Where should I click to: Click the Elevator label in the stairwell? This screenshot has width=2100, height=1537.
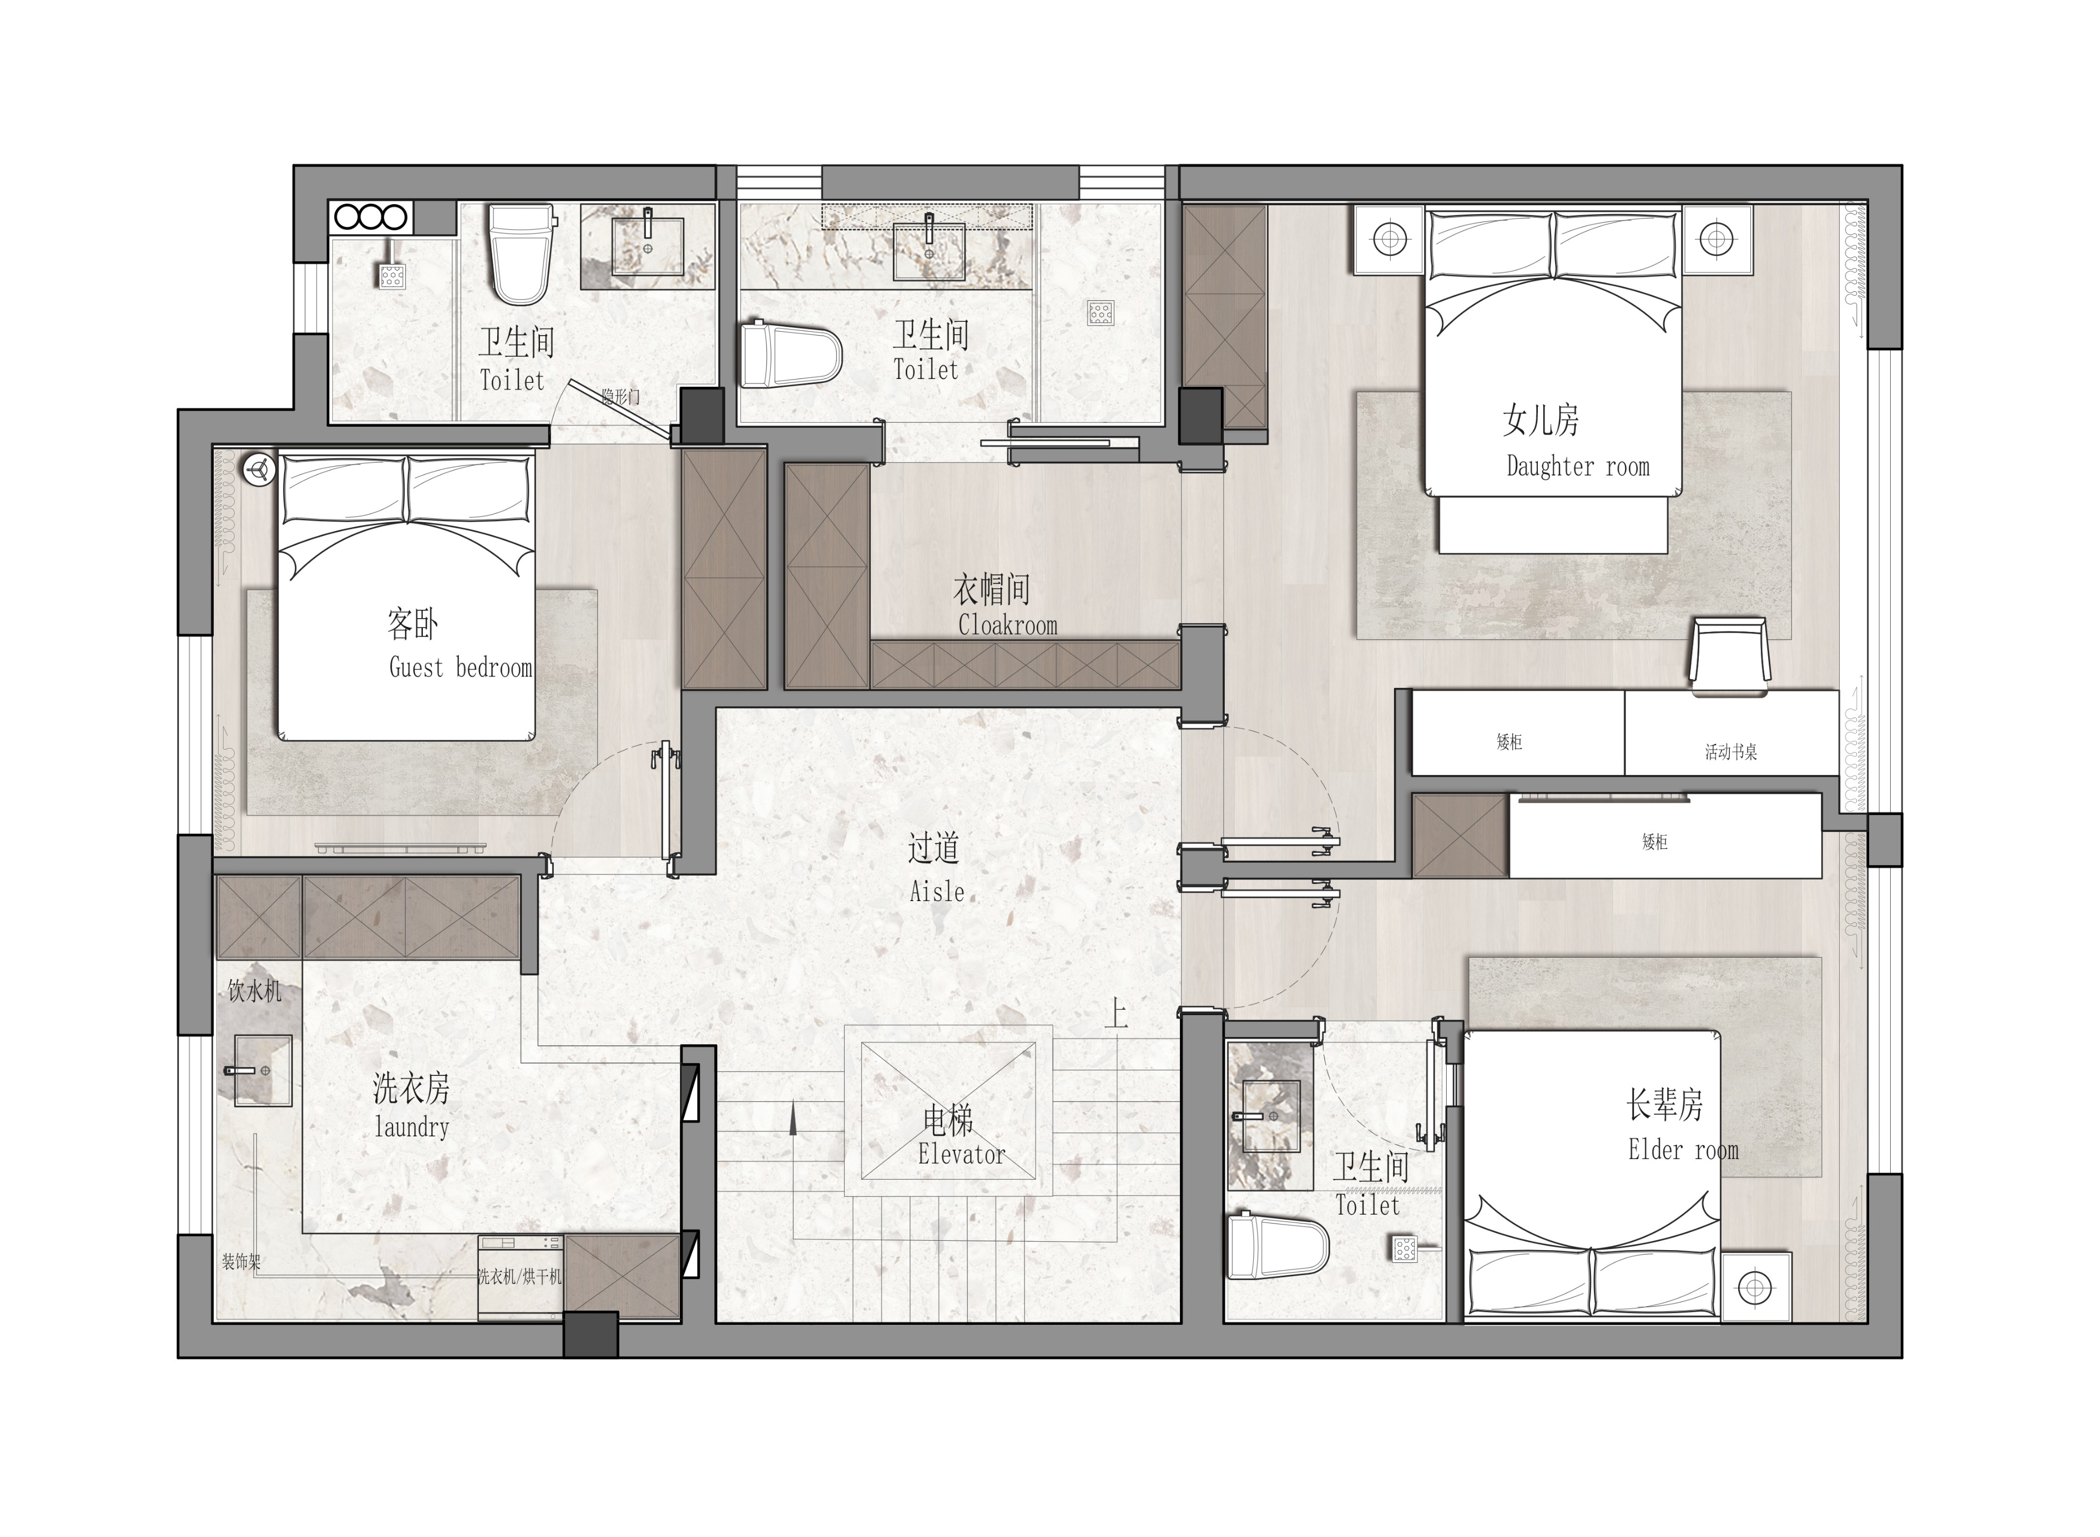click(961, 1155)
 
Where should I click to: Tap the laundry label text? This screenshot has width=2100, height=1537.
click(411, 1128)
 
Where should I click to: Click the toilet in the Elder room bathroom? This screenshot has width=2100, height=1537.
click(1278, 1247)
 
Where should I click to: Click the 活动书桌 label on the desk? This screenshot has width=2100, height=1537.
click(1730, 752)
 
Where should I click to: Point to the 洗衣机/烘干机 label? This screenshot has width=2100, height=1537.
click(520, 1277)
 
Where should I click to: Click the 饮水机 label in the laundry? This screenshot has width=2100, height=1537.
click(254, 991)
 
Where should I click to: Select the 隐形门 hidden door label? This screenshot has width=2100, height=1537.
click(620, 397)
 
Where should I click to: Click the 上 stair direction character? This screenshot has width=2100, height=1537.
click(1115, 1014)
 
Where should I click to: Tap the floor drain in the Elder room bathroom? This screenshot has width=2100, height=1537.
click(1405, 1248)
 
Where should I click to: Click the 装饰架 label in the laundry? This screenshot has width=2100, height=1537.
click(241, 1262)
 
